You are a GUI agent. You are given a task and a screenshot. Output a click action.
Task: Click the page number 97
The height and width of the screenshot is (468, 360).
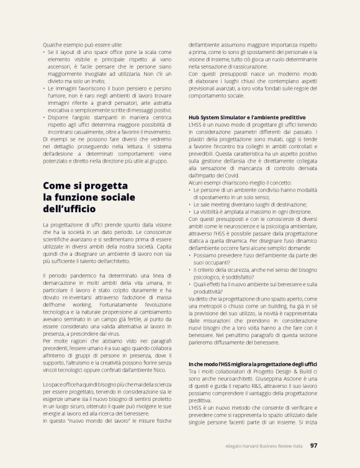[313, 445]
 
